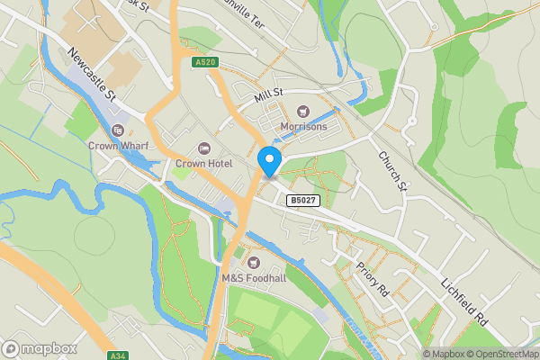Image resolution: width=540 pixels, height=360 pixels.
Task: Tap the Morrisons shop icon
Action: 303,112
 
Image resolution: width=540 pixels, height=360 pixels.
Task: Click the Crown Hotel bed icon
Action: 202,148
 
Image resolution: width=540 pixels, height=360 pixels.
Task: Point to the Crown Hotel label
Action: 203,163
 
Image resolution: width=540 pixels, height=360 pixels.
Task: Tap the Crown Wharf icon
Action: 118,130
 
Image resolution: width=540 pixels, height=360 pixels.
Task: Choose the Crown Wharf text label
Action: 118,144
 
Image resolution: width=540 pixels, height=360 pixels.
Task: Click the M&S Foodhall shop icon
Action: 253,263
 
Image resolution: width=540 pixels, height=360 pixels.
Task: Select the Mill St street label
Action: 267,94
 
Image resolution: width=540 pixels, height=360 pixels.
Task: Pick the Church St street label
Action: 391,171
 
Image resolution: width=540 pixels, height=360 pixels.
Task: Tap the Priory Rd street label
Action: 371,279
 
